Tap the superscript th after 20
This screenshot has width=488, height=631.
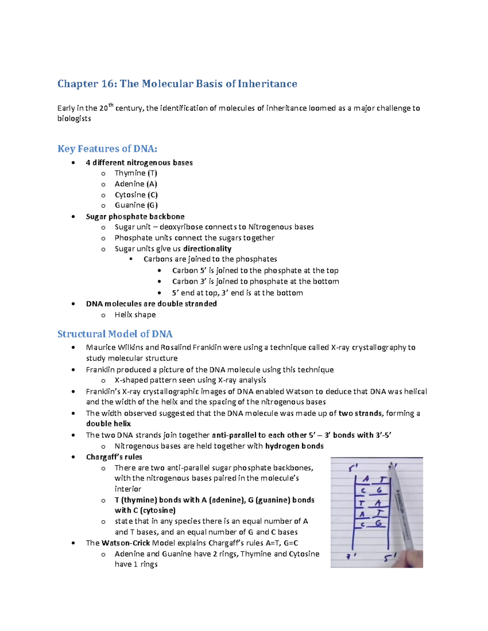pos(111,105)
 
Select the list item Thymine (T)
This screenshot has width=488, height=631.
pos(136,173)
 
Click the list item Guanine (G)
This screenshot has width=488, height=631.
pos(136,205)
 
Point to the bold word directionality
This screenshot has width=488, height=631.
pos(207,249)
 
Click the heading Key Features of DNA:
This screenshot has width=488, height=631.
pos(107,149)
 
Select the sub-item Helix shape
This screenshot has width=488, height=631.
pos(135,314)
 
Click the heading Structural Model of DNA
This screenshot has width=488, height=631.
pos(115,334)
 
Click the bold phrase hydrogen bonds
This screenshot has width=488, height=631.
pos(294,446)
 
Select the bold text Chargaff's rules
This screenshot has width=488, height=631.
pos(114,457)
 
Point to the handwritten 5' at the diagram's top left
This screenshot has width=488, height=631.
pos(353,468)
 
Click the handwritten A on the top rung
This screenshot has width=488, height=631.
pos(366,479)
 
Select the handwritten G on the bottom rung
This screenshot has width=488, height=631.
pos(379,523)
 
